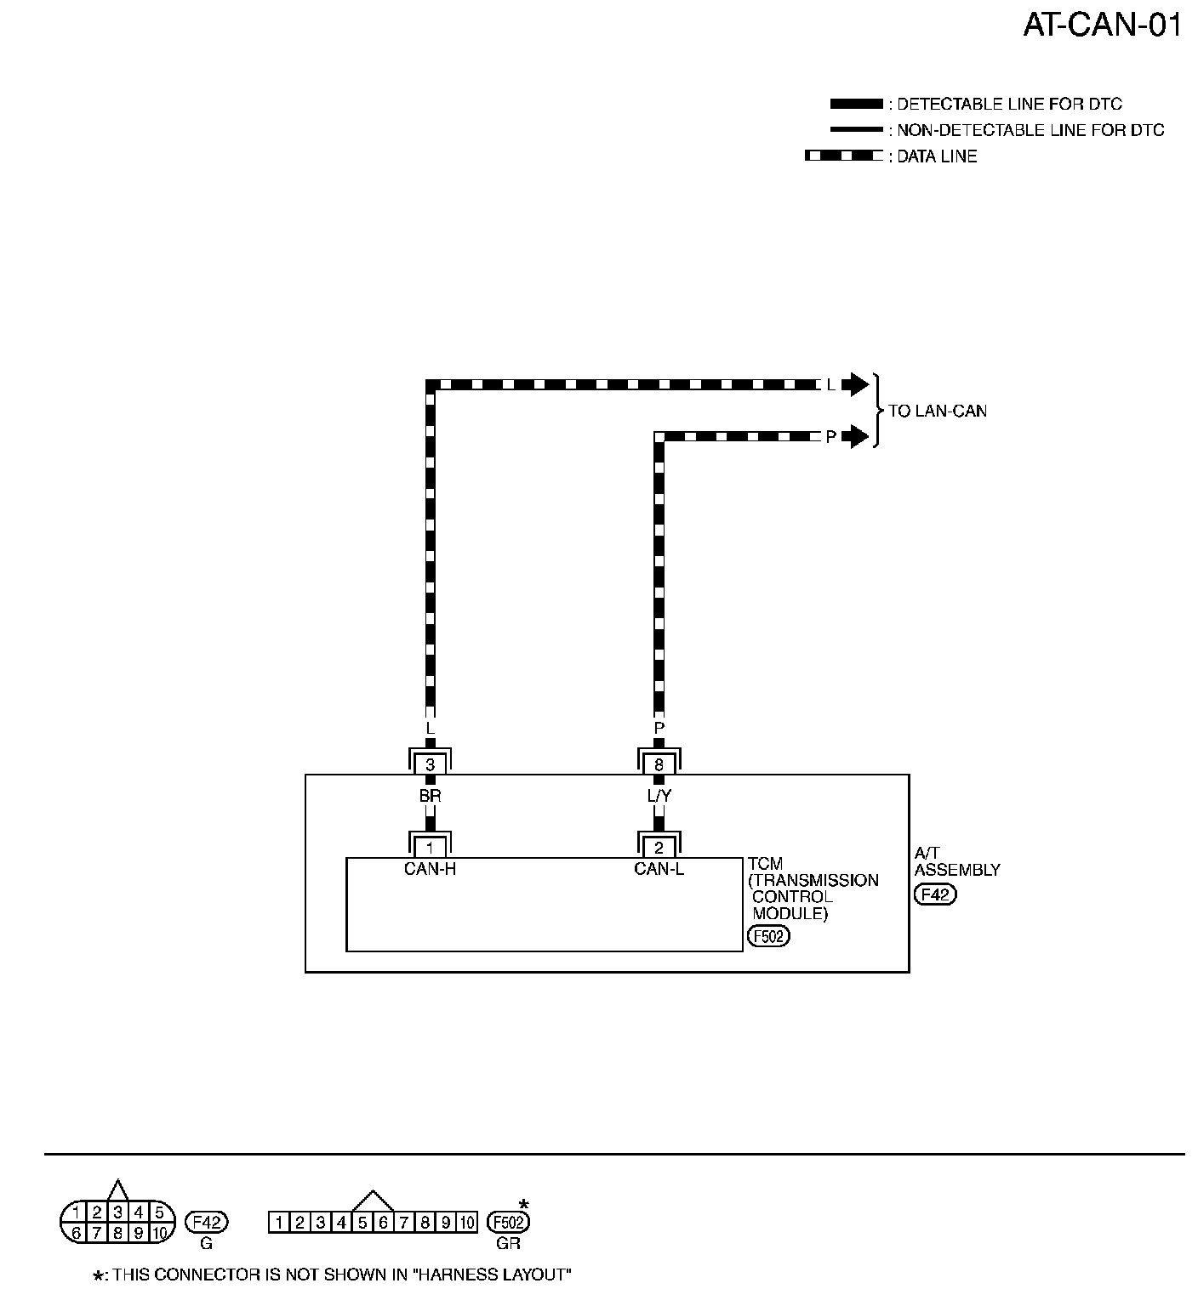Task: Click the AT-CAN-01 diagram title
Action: [x=1102, y=26]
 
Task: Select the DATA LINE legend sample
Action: [x=843, y=156]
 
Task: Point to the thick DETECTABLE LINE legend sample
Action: [x=856, y=105]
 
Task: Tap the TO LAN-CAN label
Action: [x=938, y=412]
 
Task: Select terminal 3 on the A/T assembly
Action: [x=430, y=765]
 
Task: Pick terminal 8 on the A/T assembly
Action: [x=659, y=765]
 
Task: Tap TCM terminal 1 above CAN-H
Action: [x=430, y=848]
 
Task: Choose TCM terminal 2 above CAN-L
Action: [x=659, y=848]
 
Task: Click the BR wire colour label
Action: [x=430, y=797]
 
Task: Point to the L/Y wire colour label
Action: [x=659, y=797]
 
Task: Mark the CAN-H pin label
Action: [x=430, y=869]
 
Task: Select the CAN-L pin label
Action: [x=659, y=869]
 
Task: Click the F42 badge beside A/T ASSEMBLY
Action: [x=934, y=894]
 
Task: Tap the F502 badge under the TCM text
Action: [x=767, y=937]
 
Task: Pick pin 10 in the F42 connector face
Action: [x=159, y=1233]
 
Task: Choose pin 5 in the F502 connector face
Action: [x=362, y=1224]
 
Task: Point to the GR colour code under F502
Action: [x=508, y=1243]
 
